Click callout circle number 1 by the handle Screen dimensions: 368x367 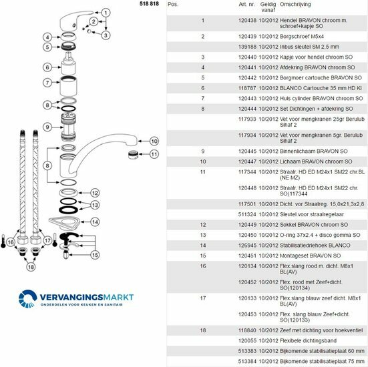106,13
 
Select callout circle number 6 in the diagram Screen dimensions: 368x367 47,67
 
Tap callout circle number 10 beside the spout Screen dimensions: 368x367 154,141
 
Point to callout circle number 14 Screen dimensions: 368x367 95,222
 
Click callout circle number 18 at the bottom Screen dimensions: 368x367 31,267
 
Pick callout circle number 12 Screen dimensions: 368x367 95,193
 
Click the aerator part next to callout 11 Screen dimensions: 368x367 133,155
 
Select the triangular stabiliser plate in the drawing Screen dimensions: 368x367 64,223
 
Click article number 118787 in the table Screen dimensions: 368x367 247,88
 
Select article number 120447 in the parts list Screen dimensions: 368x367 247,161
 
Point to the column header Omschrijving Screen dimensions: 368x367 295,4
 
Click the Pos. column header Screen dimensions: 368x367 173,4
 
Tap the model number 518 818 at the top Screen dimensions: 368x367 149,4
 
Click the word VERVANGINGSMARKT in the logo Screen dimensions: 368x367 87,297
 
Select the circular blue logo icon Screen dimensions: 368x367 27,299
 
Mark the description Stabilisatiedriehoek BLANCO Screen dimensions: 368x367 315,246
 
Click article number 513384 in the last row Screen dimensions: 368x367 247,361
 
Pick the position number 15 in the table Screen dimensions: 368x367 203,256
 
